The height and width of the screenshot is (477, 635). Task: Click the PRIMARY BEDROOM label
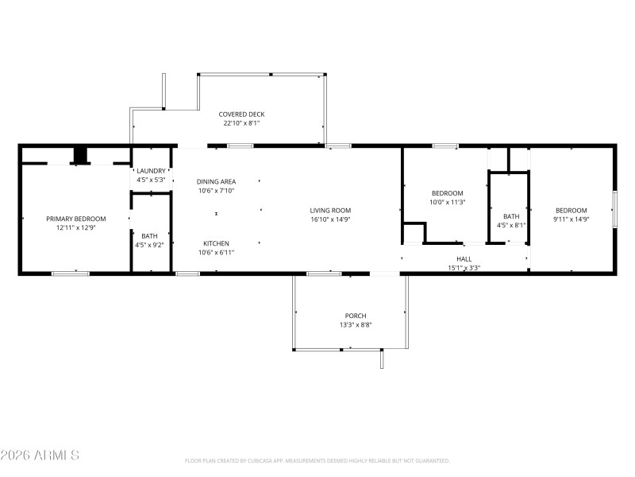(x=75, y=219)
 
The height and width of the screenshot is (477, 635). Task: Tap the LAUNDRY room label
(x=151, y=171)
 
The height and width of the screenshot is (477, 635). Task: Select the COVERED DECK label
(x=241, y=114)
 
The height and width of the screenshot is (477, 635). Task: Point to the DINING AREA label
(x=216, y=181)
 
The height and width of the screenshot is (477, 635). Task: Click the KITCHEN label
(x=216, y=243)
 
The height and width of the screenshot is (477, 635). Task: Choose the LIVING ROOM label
(x=330, y=210)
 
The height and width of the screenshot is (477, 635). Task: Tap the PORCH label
(x=355, y=316)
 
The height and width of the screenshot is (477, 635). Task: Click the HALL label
(x=464, y=259)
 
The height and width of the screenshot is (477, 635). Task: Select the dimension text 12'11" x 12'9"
(x=75, y=228)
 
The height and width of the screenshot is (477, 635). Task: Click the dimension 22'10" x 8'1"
(x=241, y=123)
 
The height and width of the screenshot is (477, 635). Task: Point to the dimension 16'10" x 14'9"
(x=330, y=219)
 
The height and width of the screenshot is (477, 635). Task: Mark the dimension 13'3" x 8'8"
(x=355, y=324)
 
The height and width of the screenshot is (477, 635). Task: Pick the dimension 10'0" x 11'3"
(x=448, y=203)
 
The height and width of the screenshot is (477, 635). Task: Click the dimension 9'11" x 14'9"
(x=571, y=219)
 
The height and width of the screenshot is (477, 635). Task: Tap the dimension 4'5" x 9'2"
(x=150, y=245)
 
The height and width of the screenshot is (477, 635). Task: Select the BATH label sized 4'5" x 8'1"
(x=511, y=215)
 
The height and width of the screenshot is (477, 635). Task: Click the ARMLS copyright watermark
(x=40, y=456)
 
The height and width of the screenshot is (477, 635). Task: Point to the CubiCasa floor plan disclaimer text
(x=317, y=461)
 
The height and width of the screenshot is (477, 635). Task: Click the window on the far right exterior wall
(x=614, y=209)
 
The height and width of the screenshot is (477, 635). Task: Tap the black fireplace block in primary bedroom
(x=79, y=155)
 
